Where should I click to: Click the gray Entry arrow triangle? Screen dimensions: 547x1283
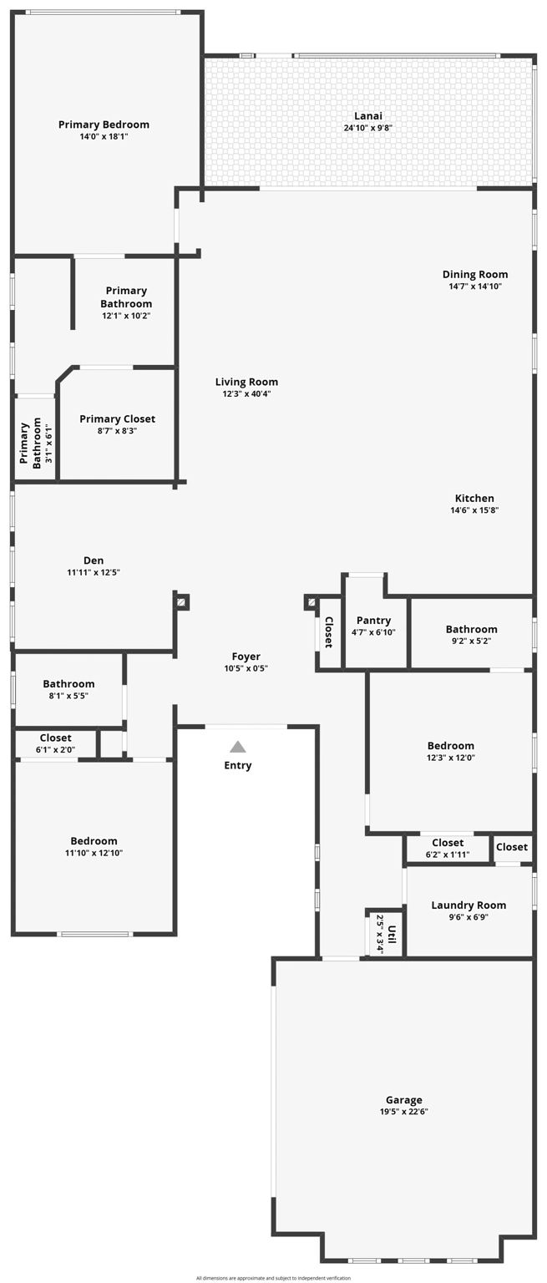point(238,746)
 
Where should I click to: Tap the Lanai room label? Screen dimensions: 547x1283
point(368,116)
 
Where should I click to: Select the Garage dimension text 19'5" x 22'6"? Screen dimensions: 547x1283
point(404,1112)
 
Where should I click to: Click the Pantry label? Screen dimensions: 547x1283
point(373,621)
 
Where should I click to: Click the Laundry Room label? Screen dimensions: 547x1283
point(468,905)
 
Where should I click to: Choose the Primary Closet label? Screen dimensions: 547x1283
point(118,418)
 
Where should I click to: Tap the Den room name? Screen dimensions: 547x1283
point(94,560)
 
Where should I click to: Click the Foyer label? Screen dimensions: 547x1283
point(246,657)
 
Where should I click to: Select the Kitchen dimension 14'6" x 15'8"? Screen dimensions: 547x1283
point(474,510)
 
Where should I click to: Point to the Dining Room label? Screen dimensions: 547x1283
point(475,274)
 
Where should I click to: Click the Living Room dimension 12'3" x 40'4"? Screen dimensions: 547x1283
point(246,394)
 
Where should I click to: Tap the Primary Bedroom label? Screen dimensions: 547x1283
point(104,124)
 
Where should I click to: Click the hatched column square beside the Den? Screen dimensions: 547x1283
point(181,602)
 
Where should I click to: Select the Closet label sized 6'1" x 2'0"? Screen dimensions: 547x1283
point(56,738)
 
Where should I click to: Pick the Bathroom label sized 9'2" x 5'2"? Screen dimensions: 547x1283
point(471,629)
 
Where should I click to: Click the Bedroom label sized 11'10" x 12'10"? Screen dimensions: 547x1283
point(94,841)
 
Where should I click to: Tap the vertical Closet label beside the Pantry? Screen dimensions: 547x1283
point(329,632)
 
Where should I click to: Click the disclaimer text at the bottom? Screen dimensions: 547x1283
point(273,1278)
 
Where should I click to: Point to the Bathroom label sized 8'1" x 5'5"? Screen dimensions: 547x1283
point(68,684)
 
